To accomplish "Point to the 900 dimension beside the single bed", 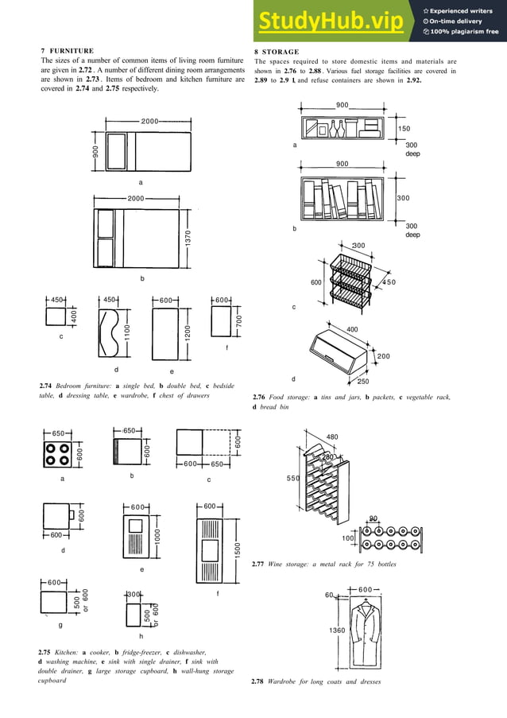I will click(x=95, y=153).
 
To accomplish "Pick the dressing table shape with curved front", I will click(x=111, y=336).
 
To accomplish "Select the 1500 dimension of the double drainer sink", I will click(x=238, y=549).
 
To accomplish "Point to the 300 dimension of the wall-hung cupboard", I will click(x=134, y=594).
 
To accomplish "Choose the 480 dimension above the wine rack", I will click(x=332, y=437).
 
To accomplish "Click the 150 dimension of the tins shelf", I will click(x=404, y=128).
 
